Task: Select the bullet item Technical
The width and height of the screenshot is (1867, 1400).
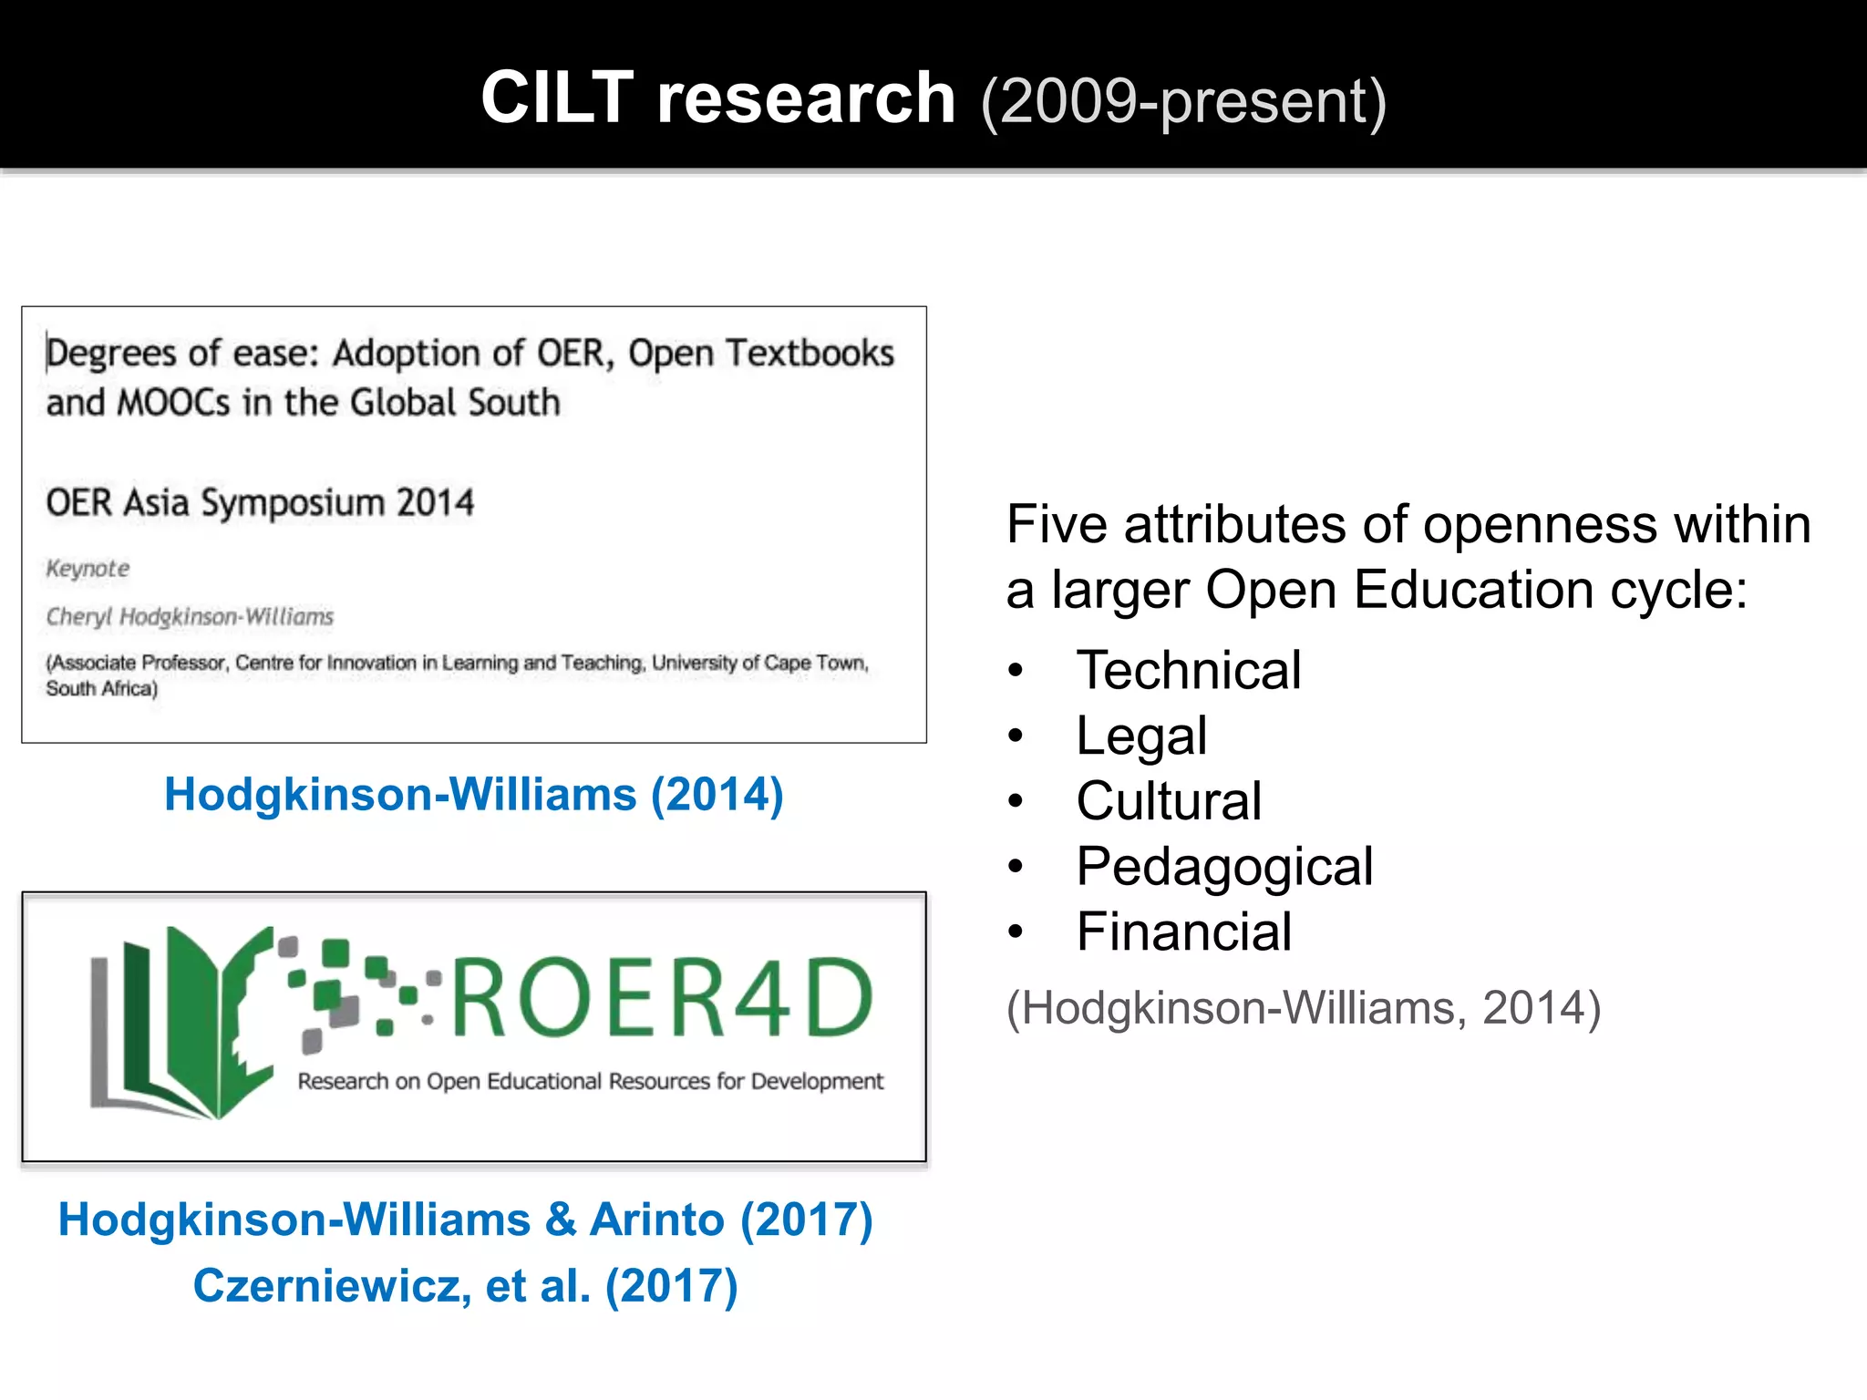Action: pos(1188,670)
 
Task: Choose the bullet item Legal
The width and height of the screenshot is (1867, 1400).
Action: pos(1140,736)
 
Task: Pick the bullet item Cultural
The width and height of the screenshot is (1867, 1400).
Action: pos(1168,801)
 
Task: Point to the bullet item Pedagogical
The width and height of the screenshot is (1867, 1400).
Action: pos(1223,866)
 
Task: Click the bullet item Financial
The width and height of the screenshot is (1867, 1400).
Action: pos(1183,932)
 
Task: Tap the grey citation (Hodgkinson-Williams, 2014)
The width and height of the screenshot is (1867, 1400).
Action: pos(1303,1007)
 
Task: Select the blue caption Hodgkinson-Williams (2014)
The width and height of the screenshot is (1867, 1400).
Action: pos(473,794)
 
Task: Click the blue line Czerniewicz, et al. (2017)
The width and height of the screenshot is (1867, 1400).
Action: pos(465,1285)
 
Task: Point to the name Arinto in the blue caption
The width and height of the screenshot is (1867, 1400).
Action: pos(656,1220)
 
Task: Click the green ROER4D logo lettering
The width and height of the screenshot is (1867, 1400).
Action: pos(662,999)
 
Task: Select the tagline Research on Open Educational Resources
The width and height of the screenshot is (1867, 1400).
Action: pos(590,1082)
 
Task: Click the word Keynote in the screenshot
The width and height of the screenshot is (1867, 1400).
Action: pos(88,569)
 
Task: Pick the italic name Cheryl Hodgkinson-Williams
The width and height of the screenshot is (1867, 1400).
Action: pos(190,617)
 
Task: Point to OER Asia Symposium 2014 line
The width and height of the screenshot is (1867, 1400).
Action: pos(260,502)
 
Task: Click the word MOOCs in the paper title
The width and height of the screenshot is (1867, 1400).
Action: pos(173,403)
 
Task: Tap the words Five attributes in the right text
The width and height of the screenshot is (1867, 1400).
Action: pos(1176,525)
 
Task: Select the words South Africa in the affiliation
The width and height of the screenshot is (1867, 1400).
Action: pos(100,689)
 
